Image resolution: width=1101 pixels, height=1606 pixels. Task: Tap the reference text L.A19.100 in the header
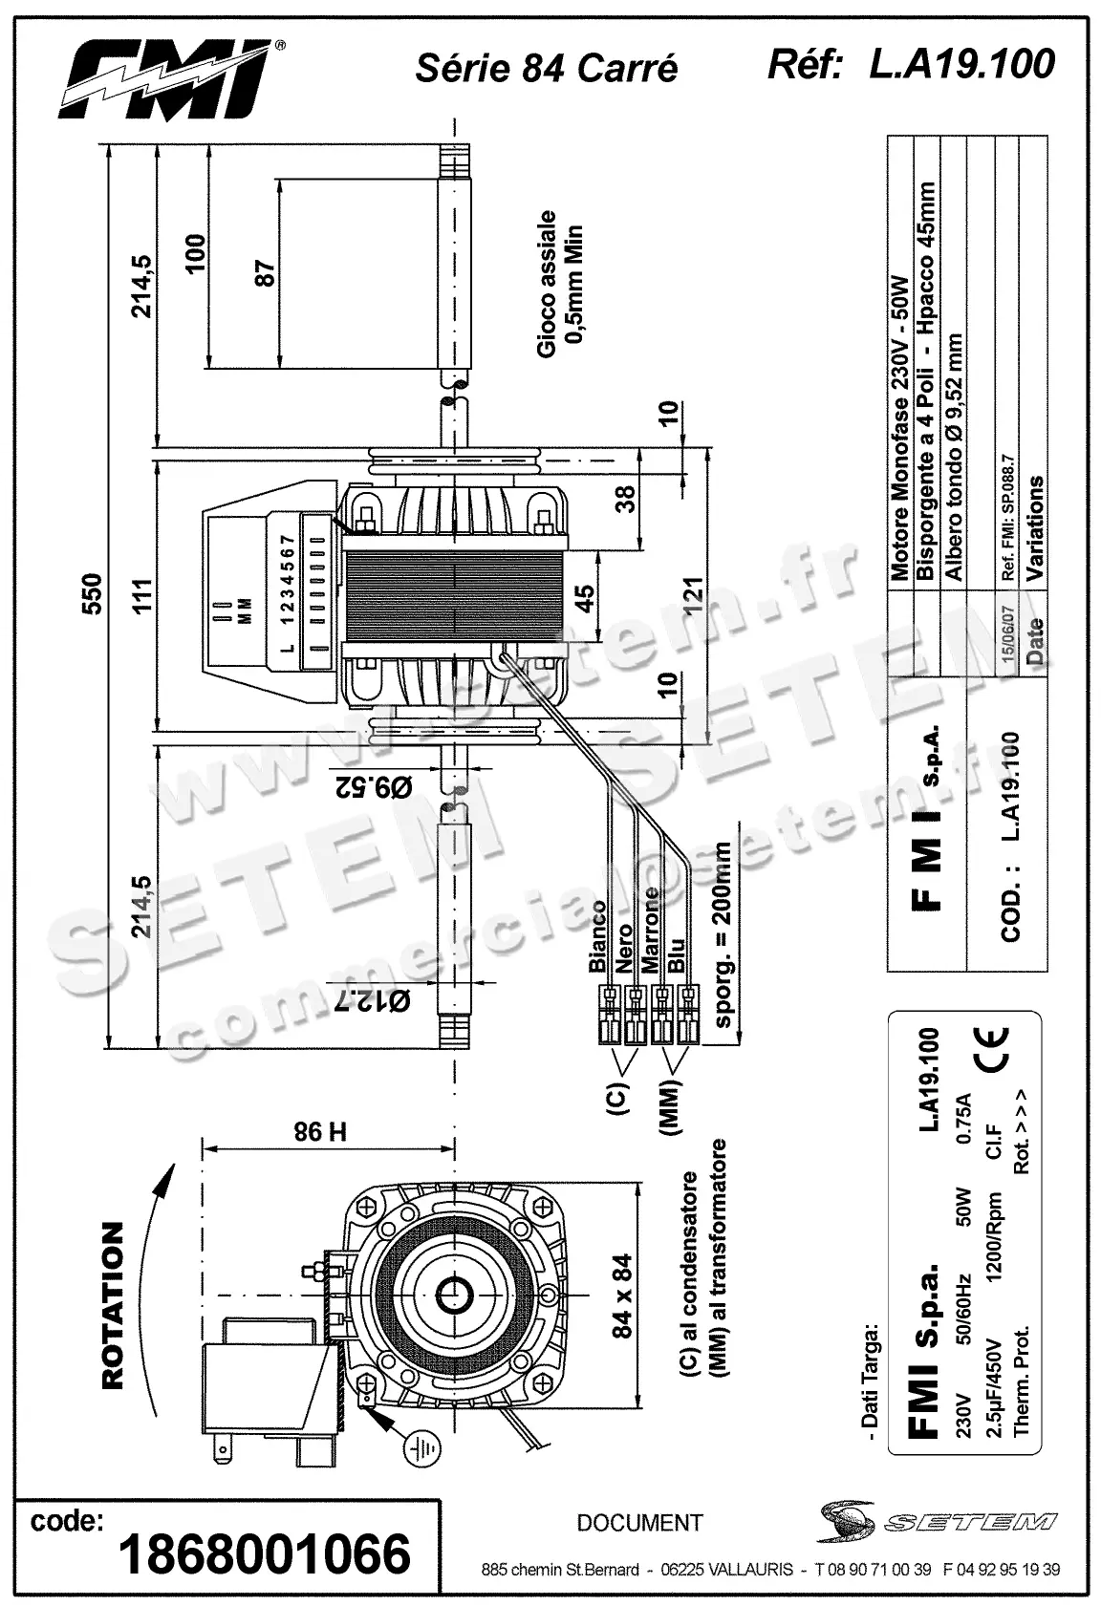click(x=961, y=63)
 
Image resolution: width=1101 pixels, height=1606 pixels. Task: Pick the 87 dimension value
click(x=266, y=274)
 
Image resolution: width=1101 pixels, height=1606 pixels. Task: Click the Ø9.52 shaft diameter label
click(x=374, y=786)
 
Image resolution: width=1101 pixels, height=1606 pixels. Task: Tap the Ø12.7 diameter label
click(x=373, y=1001)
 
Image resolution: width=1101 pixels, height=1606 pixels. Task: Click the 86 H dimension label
click(x=320, y=1133)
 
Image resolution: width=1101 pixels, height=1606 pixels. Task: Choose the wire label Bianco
click(x=598, y=936)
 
